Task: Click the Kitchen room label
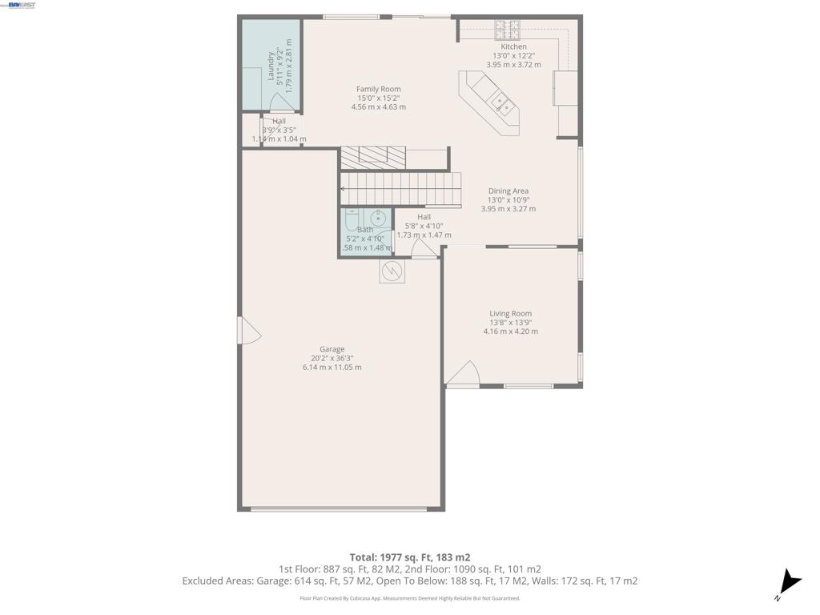(x=513, y=47)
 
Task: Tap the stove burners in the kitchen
(x=507, y=30)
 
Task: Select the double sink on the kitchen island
(x=503, y=102)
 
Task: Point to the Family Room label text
(x=378, y=89)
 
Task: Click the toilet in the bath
(x=352, y=219)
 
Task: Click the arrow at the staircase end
(x=343, y=189)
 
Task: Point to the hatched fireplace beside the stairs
(x=372, y=158)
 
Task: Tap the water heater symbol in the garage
(x=392, y=272)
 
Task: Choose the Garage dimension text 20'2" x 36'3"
(x=332, y=358)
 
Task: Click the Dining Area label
(x=508, y=191)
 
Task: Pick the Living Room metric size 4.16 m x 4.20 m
(x=510, y=332)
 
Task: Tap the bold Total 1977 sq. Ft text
(x=409, y=557)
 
